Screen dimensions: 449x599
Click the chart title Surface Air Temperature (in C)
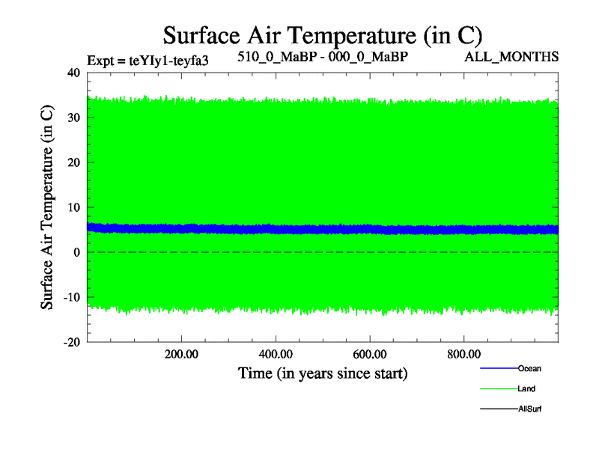coord(323,35)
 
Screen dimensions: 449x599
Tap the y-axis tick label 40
coord(73,73)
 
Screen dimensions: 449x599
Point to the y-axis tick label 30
coord(73,117)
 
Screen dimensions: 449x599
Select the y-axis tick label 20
coord(73,162)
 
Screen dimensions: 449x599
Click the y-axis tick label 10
coord(73,207)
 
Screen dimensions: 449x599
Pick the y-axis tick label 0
coord(76,252)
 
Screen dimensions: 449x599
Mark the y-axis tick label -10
coord(71,297)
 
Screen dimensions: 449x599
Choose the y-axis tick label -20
coord(71,342)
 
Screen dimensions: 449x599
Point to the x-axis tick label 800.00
coord(463,354)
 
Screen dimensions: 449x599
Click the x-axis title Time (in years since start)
coord(323,373)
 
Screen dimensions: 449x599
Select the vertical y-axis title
coord(47,207)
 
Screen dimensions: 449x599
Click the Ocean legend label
coord(529,368)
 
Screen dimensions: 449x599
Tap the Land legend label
coord(526,389)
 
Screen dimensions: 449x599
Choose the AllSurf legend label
coord(529,409)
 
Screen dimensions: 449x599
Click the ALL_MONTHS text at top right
coord(512,58)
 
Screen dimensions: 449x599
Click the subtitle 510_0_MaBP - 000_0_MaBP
coord(323,58)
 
